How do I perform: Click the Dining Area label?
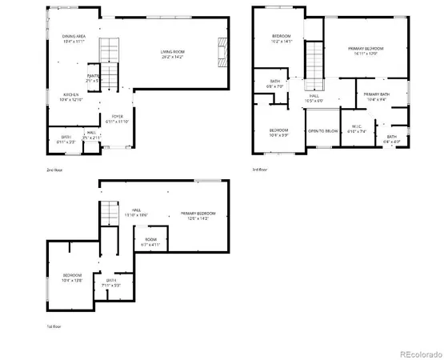[x=74, y=38]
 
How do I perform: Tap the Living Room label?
[x=171, y=54]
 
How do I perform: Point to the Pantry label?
[x=93, y=78]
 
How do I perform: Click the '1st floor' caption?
[x=54, y=326]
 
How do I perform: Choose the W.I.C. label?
[x=358, y=128]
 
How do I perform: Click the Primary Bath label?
[x=376, y=97]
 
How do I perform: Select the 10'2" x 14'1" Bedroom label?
[x=281, y=38]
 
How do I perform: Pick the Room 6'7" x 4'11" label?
[x=150, y=242]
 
